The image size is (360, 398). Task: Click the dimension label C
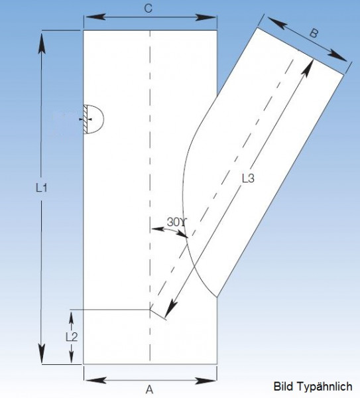pyautogui.click(x=148, y=9)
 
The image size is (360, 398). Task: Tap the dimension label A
pyautogui.click(x=150, y=389)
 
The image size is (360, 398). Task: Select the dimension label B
pyautogui.click(x=314, y=33)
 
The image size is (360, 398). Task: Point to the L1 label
pyautogui.click(x=41, y=188)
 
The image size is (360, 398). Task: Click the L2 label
pyautogui.click(x=72, y=337)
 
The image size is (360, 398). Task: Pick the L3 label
pyautogui.click(x=248, y=178)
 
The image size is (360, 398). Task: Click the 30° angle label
pyautogui.click(x=176, y=222)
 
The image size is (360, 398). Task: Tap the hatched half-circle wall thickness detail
pyautogui.click(x=93, y=119)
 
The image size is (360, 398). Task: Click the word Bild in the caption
pyautogui.click(x=284, y=387)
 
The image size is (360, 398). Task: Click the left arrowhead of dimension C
pyautogui.click(x=94, y=17)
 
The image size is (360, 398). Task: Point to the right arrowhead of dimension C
pyautogui.click(x=206, y=17)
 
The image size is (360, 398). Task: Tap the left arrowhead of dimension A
pyautogui.click(x=95, y=381)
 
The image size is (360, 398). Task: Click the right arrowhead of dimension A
pyautogui.click(x=206, y=381)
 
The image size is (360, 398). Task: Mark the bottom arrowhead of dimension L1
pyautogui.click(x=42, y=353)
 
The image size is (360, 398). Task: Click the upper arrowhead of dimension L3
pyautogui.click(x=308, y=68)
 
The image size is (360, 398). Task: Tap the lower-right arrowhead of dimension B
pyautogui.click(x=337, y=56)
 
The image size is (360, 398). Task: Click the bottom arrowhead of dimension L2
pyautogui.click(x=72, y=356)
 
